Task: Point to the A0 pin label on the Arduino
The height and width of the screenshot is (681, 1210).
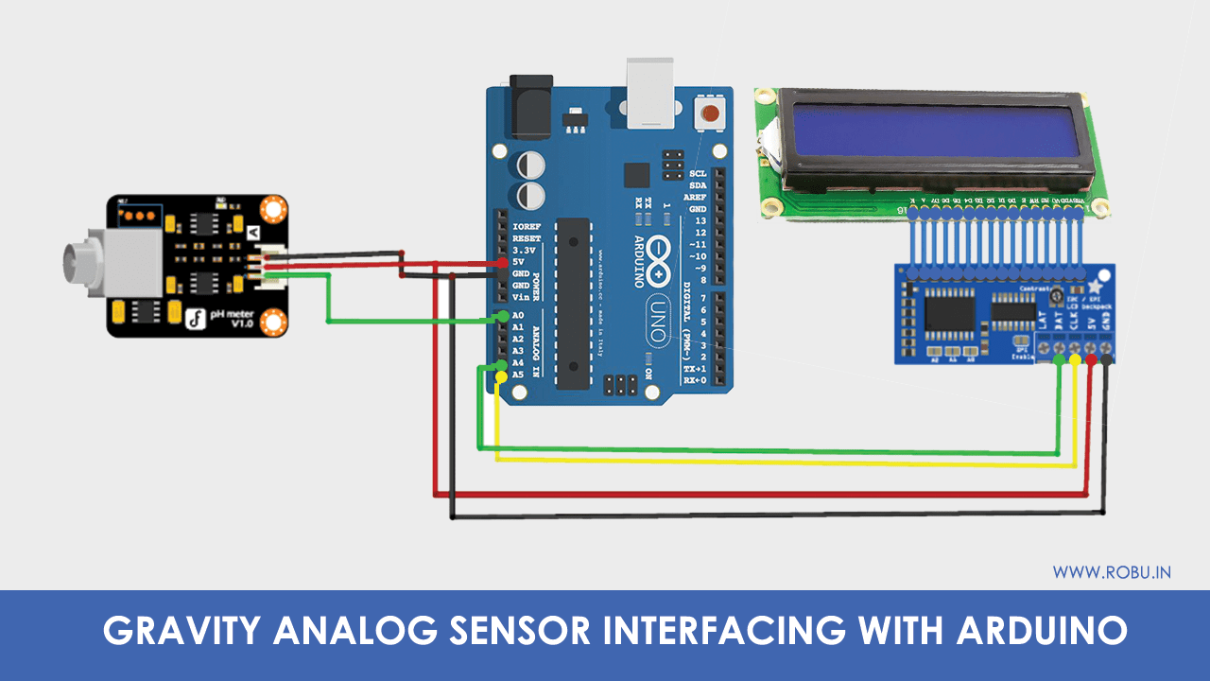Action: [x=517, y=316]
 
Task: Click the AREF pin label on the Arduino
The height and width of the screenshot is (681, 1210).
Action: [x=698, y=197]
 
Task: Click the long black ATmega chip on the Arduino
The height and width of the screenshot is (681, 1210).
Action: [x=573, y=303]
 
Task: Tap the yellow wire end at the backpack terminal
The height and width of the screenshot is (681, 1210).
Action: [x=1075, y=360]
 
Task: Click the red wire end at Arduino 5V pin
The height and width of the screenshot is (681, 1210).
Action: [x=502, y=262]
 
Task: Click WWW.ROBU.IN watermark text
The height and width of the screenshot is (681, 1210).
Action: [x=1112, y=572]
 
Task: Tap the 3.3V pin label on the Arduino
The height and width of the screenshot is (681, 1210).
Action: [x=524, y=251]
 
